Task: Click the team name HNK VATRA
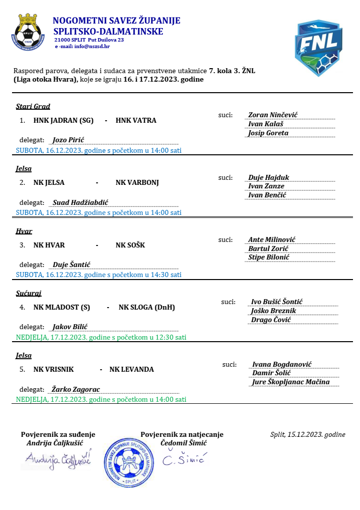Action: (136, 120)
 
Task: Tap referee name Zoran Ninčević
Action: (273, 115)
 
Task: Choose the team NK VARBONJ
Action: (137, 182)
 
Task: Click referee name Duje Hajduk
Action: (269, 177)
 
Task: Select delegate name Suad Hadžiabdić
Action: (81, 202)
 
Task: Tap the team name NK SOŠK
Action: (130, 245)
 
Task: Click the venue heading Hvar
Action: (24, 231)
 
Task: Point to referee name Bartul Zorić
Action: (268, 248)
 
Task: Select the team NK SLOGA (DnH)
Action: (146, 307)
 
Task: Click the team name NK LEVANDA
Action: (131, 369)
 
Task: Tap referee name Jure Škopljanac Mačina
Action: (291, 382)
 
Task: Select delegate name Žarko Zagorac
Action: (76, 389)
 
